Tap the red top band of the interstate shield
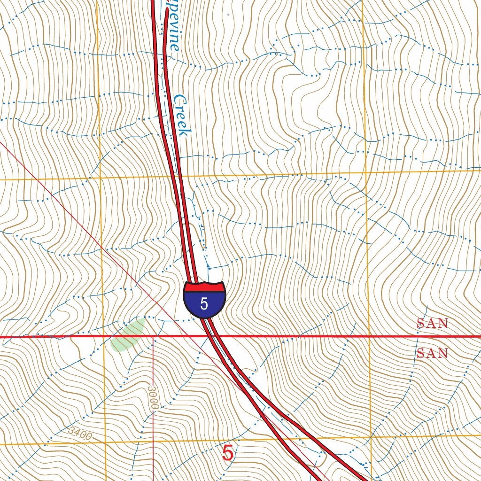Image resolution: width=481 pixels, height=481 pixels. [204, 286]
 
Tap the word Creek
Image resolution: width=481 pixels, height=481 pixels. [182, 116]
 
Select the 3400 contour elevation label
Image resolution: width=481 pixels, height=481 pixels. [79, 433]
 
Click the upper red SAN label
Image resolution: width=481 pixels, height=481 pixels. [432, 323]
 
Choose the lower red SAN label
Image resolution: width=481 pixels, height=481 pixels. [432, 353]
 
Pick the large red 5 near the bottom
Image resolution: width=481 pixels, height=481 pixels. [227, 453]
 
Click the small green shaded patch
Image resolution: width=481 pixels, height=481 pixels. [128, 334]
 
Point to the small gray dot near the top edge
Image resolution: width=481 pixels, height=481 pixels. [228, 15]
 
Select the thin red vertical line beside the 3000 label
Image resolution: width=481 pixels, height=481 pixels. [154, 366]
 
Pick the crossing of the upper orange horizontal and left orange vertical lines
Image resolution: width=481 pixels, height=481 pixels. [100, 179]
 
